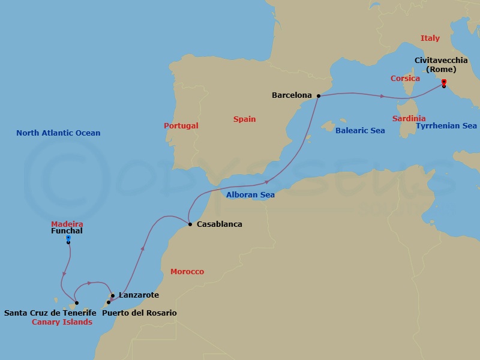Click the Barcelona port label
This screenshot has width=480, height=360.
pos(292,95)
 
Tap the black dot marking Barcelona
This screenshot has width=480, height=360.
pos(319,95)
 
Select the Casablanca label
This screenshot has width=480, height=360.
pos(220,224)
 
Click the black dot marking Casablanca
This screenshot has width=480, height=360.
pos(190,224)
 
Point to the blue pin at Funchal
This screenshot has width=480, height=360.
pos(68,238)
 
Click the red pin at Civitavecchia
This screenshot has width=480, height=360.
pos(443,82)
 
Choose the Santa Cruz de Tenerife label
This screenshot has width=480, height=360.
pos(50,313)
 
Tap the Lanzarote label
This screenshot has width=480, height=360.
pos(139,295)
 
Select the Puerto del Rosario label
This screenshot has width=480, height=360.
pos(139,313)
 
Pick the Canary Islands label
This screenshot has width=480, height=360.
pos(62,322)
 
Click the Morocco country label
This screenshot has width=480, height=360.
pos(187,272)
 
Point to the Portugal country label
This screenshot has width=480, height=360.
pos(181,126)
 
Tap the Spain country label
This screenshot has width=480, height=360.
pos(244,119)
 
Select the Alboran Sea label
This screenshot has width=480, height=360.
pos(250,195)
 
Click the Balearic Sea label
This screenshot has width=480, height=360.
pos(360,130)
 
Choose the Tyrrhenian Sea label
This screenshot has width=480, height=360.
pos(446,126)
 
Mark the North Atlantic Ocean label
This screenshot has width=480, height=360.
pos(58,133)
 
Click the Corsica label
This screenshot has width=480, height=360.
pos(405,79)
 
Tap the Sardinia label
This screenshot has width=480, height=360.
pos(409,119)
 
